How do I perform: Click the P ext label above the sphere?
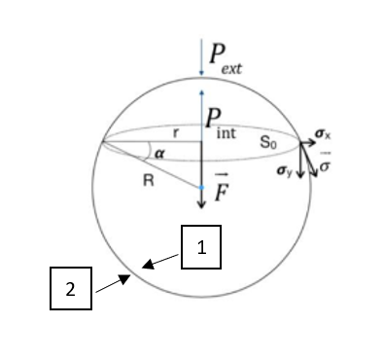pyautogui.click(x=226, y=59)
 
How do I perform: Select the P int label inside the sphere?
pyautogui.click(x=221, y=124)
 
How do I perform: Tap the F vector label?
pyautogui.click(x=222, y=188)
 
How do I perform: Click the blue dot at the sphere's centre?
pyautogui.click(x=201, y=188)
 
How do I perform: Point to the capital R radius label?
pyautogui.click(x=149, y=180)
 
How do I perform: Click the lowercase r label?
pyautogui.click(x=176, y=132)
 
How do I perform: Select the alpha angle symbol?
pyautogui.click(x=159, y=154)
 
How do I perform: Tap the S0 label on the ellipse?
pyautogui.click(x=268, y=142)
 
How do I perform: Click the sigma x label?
pyautogui.click(x=323, y=133)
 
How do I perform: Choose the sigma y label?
pyautogui.click(x=285, y=170)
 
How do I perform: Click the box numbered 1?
pyautogui.click(x=201, y=247)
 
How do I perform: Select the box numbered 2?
pyautogui.click(x=71, y=288)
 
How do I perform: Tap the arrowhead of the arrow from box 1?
pyautogui.click(x=147, y=264)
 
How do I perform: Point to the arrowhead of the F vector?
pyautogui.click(x=201, y=205)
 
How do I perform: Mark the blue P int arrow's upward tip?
pyautogui.click(x=201, y=92)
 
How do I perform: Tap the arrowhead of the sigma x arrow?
pyautogui.click(x=312, y=142)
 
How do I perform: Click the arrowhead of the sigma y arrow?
pyautogui.click(x=300, y=175)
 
